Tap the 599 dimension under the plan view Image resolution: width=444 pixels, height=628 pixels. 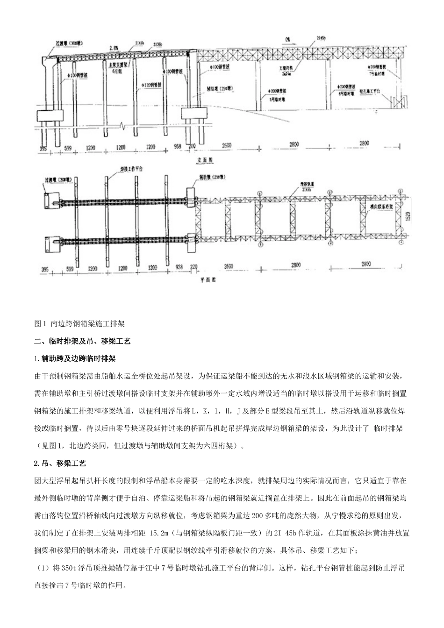tap(70, 270)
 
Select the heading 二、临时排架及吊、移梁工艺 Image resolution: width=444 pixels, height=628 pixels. tap(82, 341)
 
